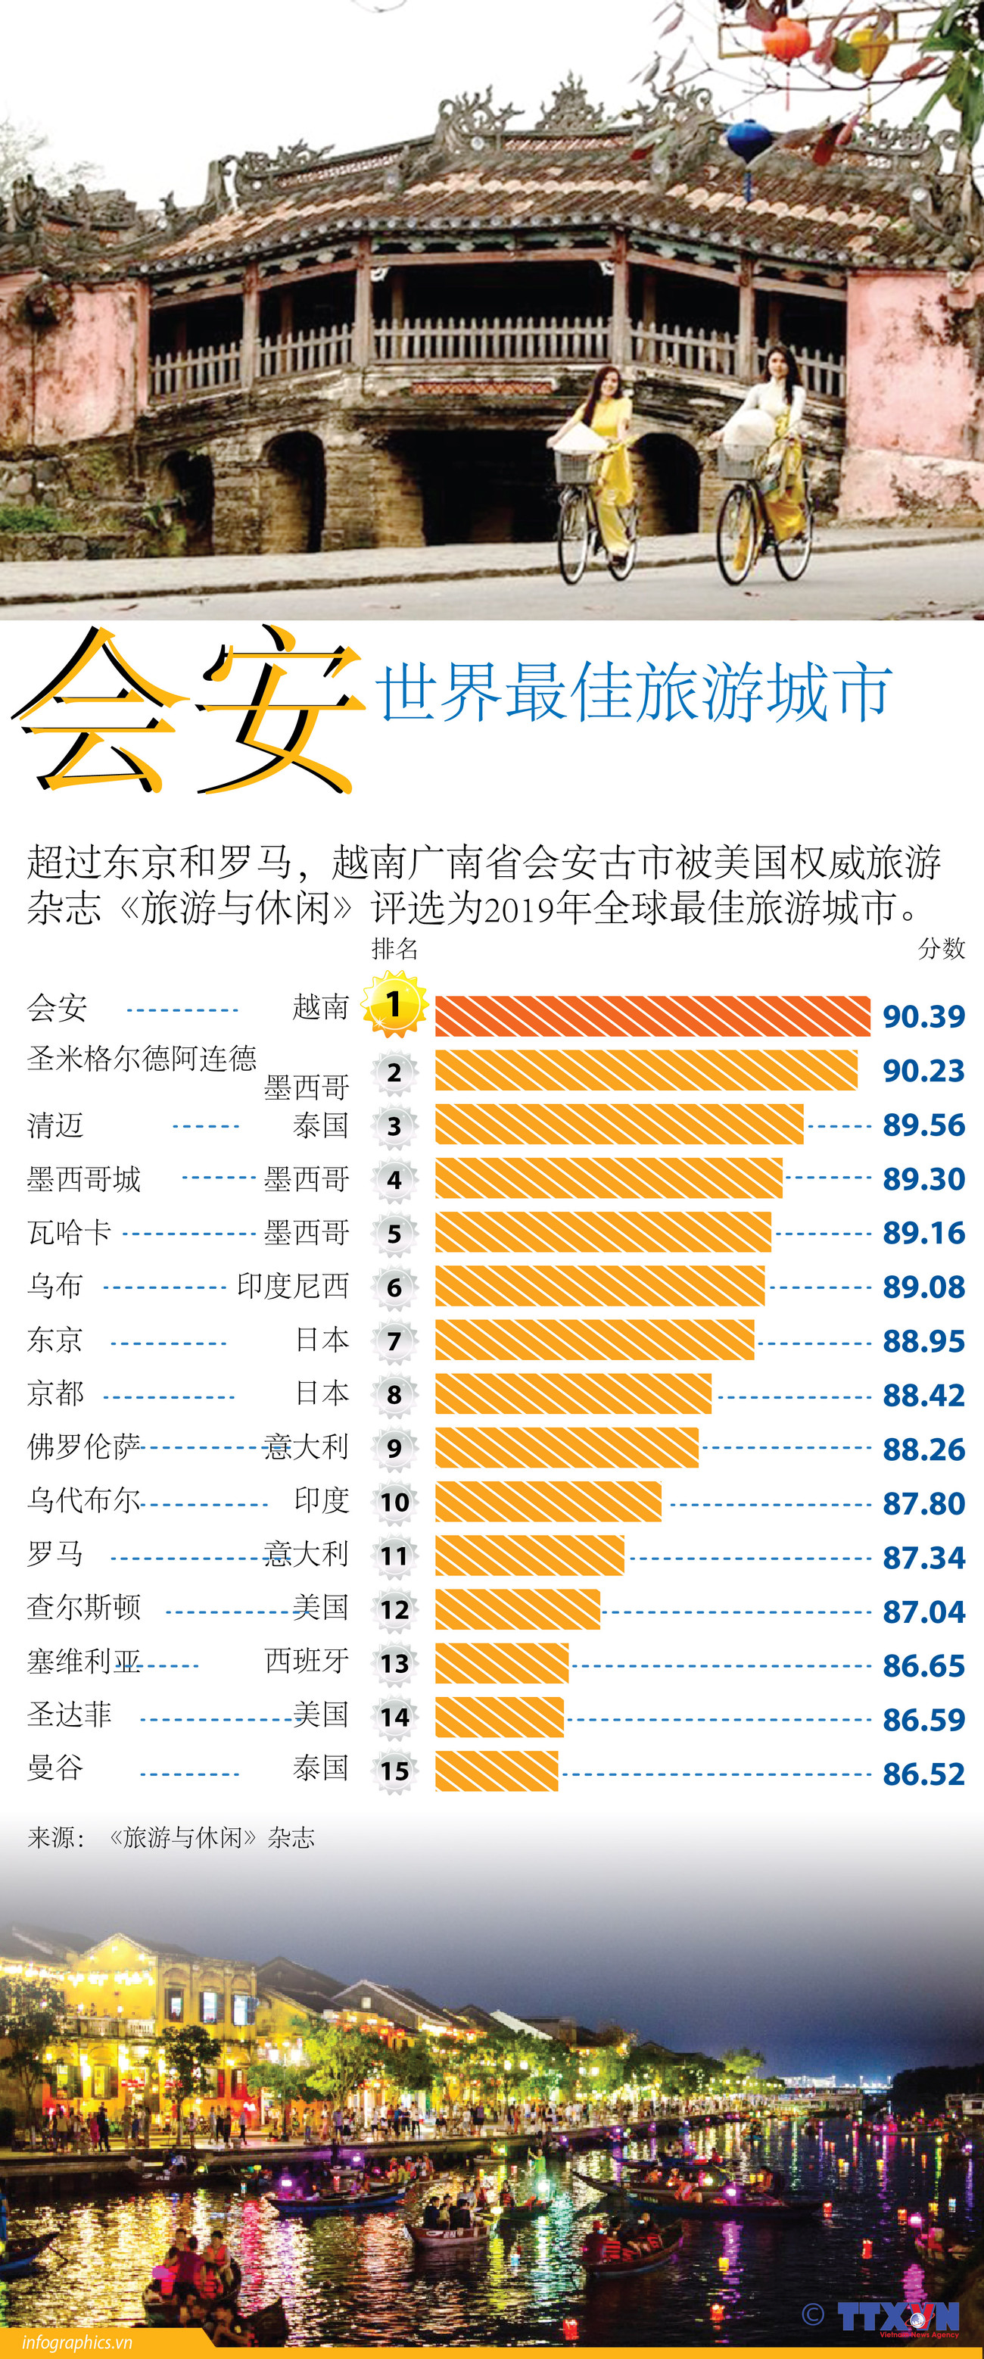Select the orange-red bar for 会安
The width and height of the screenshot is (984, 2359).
click(x=652, y=1016)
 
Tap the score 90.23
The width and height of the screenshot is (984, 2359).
click(x=923, y=1071)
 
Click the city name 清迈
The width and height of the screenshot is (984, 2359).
click(x=56, y=1125)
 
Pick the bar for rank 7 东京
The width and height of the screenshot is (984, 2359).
click(x=594, y=1340)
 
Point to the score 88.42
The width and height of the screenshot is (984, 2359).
click(x=923, y=1395)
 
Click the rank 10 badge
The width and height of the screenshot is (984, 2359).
click(x=394, y=1502)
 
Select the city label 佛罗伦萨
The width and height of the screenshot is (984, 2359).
click(x=84, y=1447)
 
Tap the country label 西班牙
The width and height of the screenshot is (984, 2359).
click(x=307, y=1660)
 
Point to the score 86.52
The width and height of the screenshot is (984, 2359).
click(x=923, y=1774)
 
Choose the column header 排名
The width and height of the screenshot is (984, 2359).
click(x=394, y=949)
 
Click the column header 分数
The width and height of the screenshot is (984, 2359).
click(x=941, y=949)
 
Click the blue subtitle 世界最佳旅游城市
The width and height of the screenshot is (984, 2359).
click(x=634, y=691)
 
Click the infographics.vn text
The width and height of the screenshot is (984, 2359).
click(x=77, y=2342)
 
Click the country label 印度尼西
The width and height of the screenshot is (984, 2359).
click(x=293, y=1286)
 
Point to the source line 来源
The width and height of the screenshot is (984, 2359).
click(x=171, y=1837)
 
